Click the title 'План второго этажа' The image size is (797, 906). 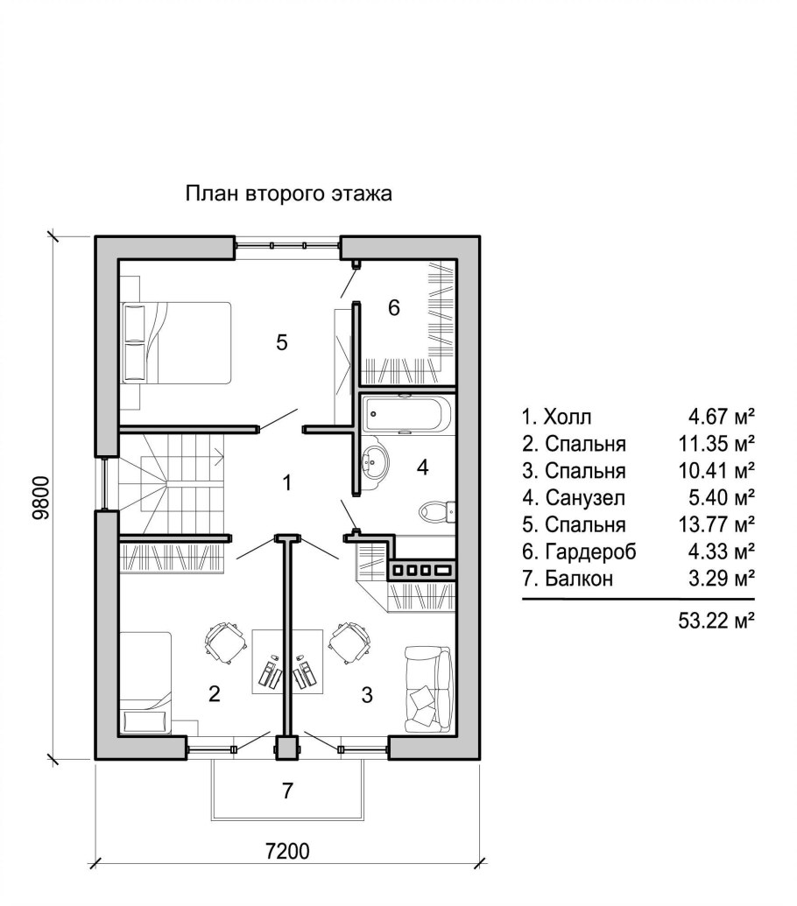point(288,193)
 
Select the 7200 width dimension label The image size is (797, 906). point(288,850)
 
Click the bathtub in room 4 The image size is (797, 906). point(407,413)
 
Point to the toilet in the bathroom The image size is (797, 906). point(436,509)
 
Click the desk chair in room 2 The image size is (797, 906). point(223,642)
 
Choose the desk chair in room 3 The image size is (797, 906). point(349,642)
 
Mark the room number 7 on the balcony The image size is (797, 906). point(286,790)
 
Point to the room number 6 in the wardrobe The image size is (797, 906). point(394,307)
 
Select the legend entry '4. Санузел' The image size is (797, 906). point(574,498)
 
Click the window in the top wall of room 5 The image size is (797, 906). point(286,246)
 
